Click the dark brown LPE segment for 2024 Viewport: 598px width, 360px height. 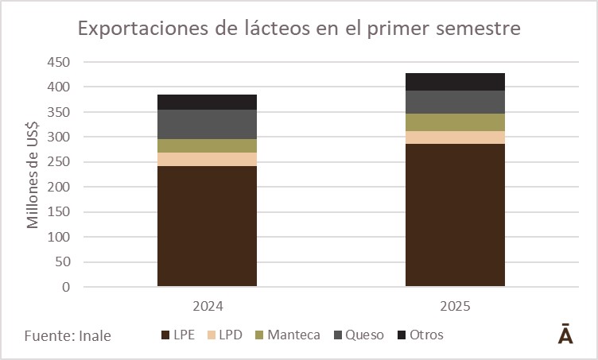[207, 226]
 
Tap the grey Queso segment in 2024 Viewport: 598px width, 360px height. [207, 124]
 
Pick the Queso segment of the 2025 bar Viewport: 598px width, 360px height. [455, 102]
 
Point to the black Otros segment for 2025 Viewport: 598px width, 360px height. [455, 81]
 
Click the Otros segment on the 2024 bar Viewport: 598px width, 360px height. [207, 102]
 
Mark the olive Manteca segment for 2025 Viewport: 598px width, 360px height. [455, 122]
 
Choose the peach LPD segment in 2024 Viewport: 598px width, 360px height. [207, 159]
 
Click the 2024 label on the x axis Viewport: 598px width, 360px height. [207, 305]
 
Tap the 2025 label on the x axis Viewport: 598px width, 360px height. [455, 305]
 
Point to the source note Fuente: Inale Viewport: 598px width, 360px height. [68, 335]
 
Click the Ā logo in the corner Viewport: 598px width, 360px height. [566, 334]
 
